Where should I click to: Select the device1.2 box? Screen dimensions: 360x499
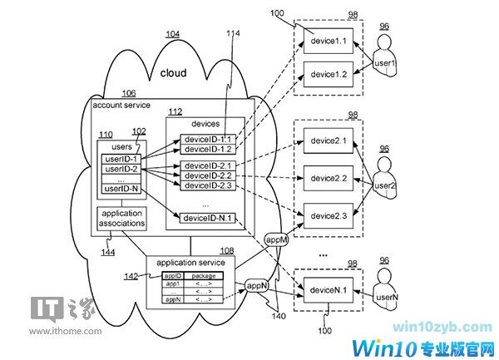point(329,74)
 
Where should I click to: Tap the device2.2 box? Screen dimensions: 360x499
point(329,179)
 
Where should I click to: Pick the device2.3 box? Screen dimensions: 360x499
point(329,216)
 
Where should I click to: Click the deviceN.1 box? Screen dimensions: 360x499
point(329,291)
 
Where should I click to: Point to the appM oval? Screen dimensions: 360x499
point(276,240)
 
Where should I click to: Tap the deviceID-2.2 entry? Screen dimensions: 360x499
point(206,175)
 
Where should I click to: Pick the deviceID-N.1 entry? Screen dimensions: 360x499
point(206,218)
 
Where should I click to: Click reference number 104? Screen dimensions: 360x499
point(172,34)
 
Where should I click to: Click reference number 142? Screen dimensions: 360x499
point(130,277)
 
